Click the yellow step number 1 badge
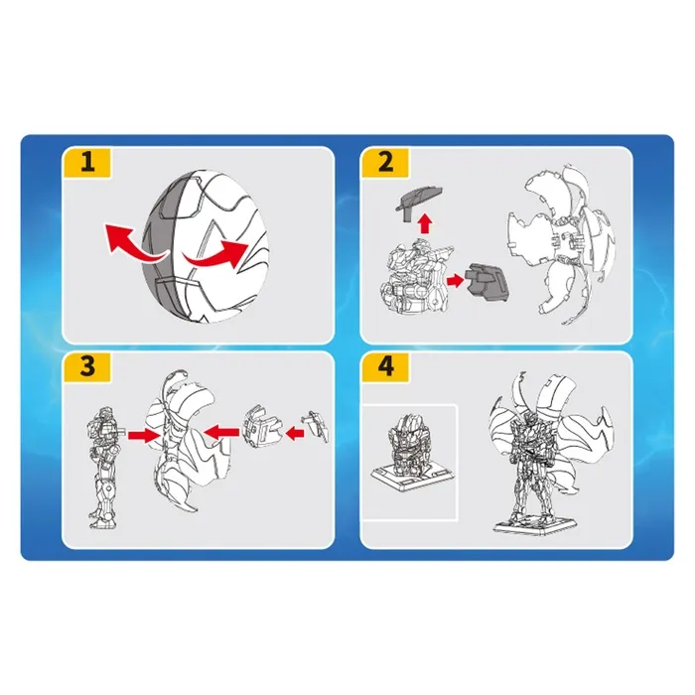coord(87,163)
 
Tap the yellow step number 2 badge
coord(385,163)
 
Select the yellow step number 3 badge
coord(87,367)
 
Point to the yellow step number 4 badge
coord(385,367)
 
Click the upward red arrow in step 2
coord(425,223)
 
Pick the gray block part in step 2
coord(486,282)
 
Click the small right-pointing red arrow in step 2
coord(455,281)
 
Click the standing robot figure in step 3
coord(104,468)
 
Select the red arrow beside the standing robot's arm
coord(144,435)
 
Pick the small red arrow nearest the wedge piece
coord(295,433)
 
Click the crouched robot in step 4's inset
coord(404,440)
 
